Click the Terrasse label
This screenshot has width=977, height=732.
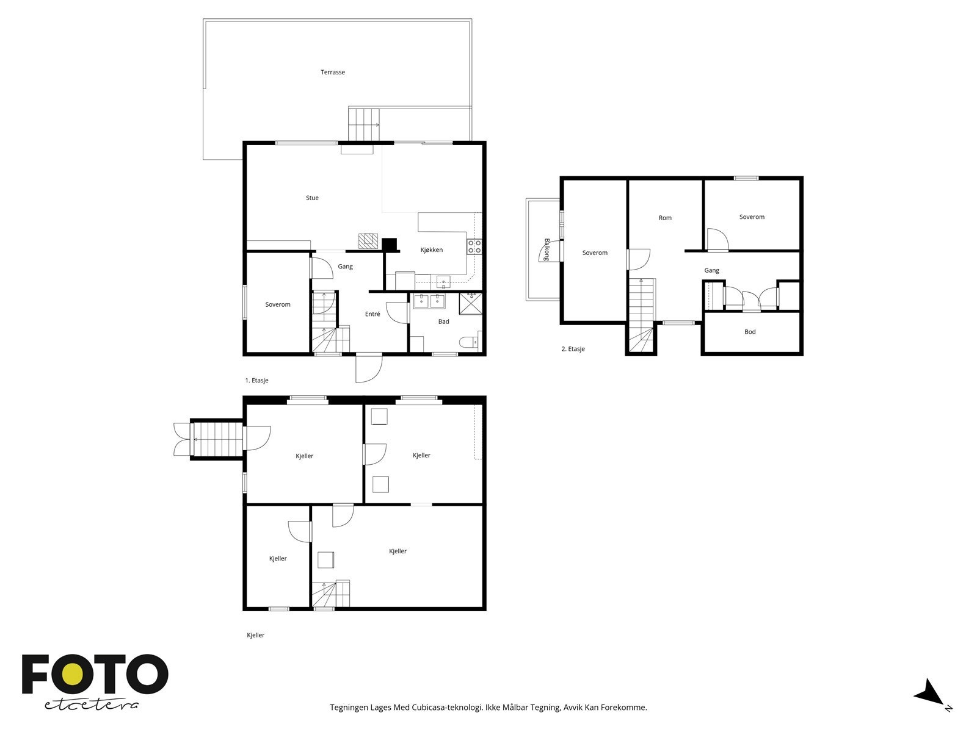coord(333,72)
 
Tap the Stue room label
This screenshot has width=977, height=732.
coord(312,198)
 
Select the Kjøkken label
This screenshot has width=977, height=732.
coord(431,249)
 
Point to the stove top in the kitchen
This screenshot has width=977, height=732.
coord(474,246)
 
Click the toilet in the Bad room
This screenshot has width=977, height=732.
coord(469,342)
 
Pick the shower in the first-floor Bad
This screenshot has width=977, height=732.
coord(470,303)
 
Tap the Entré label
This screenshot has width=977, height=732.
coord(372,314)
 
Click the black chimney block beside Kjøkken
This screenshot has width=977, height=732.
coord(389,245)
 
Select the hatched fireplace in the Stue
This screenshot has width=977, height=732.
coord(368,241)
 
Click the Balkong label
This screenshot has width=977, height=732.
coord(547,249)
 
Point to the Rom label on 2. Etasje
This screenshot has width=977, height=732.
coord(665,218)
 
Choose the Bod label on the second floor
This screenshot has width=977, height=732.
coord(750,332)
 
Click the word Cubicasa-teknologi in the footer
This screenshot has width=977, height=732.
coord(448,707)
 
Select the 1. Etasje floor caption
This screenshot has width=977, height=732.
coord(257,380)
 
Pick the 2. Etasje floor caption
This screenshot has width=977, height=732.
coord(573,349)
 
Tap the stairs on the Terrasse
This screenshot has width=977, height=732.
coord(364,124)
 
